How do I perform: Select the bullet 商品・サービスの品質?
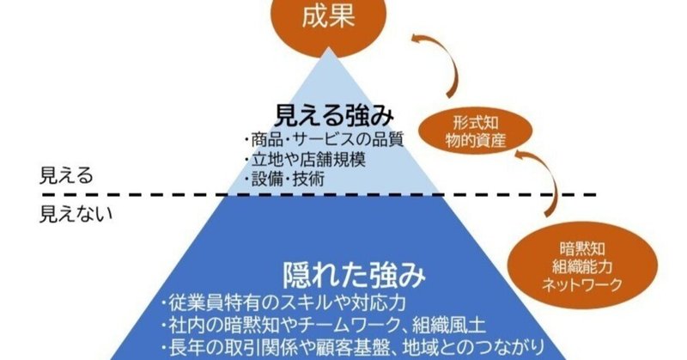323,140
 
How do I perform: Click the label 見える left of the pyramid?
66,176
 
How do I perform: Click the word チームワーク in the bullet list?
392,326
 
